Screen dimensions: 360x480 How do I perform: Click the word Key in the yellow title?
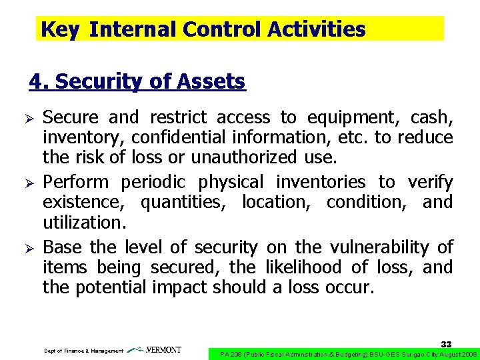click(59, 29)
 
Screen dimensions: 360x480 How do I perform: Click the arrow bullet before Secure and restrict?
click(29, 119)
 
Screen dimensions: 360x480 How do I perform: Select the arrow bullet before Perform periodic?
click(29, 183)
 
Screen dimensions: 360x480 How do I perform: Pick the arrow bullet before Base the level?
click(29, 248)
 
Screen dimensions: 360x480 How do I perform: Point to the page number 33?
click(447, 344)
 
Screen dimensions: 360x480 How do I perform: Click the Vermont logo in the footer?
click(154, 350)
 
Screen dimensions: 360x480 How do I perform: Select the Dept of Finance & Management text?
click(83, 351)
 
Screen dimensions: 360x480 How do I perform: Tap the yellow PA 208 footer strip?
click(343, 353)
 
